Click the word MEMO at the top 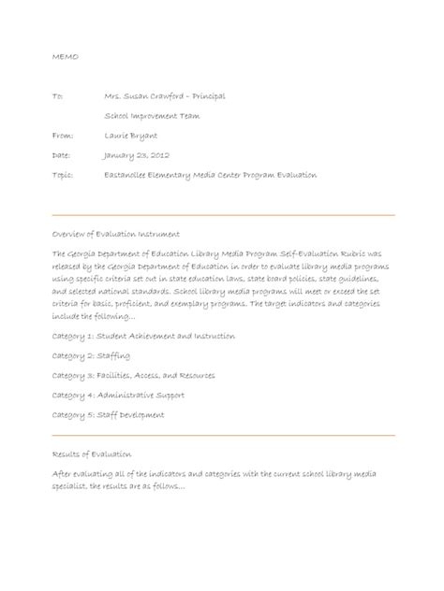click(x=66, y=57)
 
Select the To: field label click(x=58, y=96)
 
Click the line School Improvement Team click(x=151, y=116)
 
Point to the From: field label click(x=63, y=136)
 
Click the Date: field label click(x=62, y=155)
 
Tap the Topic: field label click(x=64, y=175)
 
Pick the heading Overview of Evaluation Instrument click(x=116, y=234)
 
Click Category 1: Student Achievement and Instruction click(x=143, y=336)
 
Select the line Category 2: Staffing click(x=91, y=356)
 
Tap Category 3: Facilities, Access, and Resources click(x=133, y=376)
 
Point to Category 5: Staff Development click(x=109, y=415)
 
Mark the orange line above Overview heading click(x=223, y=215)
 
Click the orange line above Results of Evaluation click(x=223, y=435)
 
